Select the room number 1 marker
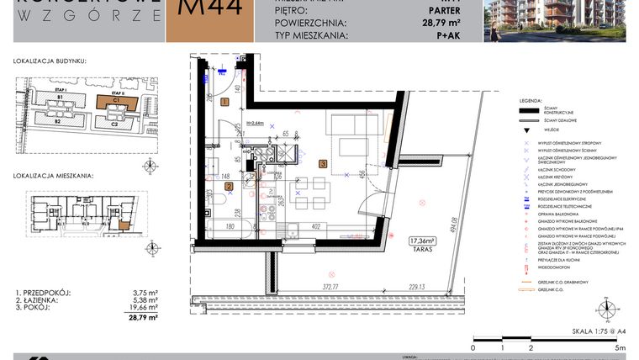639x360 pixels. tap(224, 102)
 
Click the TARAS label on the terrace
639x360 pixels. tap(423, 250)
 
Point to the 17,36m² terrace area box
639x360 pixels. tap(423, 241)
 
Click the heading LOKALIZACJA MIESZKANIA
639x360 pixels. tap(53, 177)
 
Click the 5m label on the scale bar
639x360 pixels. tap(621, 347)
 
